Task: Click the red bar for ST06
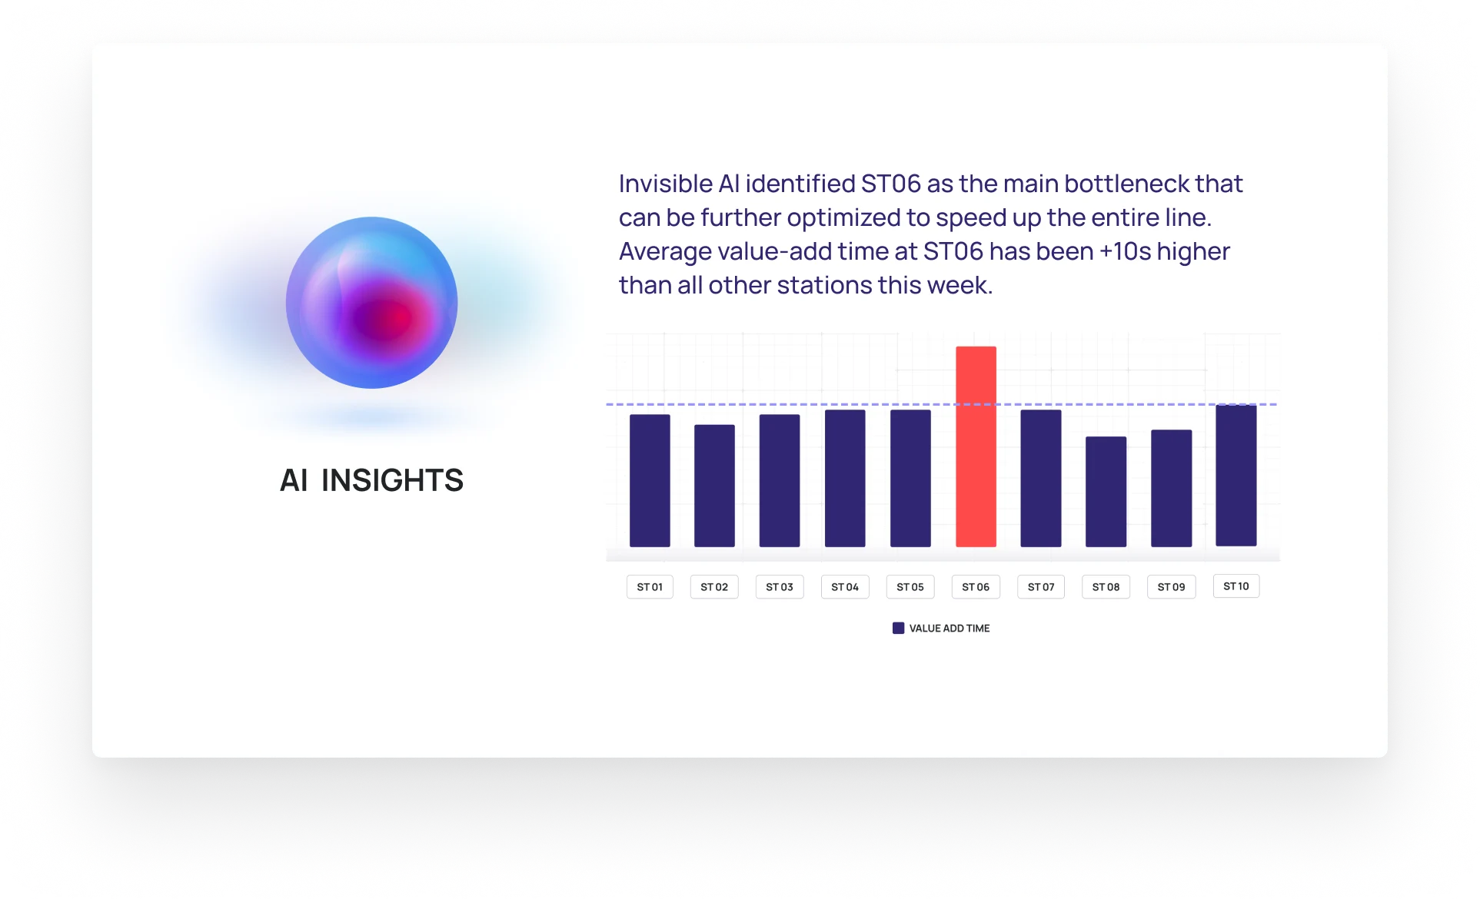click(976, 446)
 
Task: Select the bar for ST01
click(650, 480)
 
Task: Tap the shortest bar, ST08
click(1106, 492)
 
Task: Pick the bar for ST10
click(1236, 475)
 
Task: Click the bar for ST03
click(779, 480)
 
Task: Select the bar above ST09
click(1171, 488)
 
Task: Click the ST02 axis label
click(714, 587)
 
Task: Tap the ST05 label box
click(910, 587)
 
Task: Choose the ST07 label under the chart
click(1041, 587)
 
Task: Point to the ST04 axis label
click(845, 587)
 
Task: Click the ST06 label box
click(976, 587)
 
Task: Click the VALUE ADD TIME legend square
click(898, 629)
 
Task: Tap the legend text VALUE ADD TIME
click(950, 629)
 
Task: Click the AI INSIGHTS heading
click(371, 480)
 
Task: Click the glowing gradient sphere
click(371, 302)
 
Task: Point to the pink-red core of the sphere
click(392, 317)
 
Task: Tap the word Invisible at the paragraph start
click(666, 184)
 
